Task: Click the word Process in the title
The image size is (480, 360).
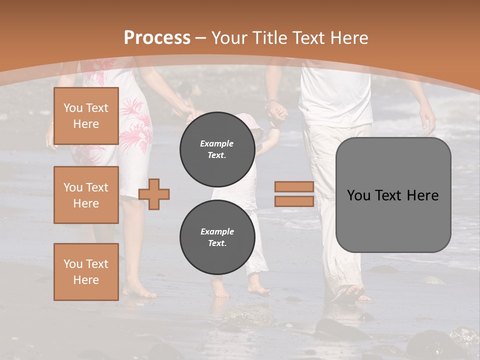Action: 157,38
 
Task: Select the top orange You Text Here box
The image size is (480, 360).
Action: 86,116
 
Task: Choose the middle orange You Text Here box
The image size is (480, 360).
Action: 86,195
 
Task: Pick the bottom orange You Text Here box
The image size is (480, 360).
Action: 86,271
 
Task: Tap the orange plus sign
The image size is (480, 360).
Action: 154,193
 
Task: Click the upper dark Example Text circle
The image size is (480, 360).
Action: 217,149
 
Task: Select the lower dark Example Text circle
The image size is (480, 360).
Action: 217,237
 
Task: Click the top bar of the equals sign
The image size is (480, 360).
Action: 294,187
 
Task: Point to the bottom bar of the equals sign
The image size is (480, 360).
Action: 294,201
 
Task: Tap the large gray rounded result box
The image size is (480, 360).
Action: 393,195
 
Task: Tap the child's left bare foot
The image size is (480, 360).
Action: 220,290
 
